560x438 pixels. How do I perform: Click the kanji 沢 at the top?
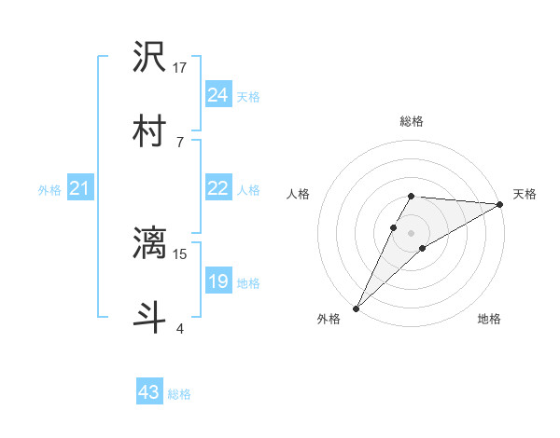click(x=150, y=58)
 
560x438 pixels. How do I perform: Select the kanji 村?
click(x=150, y=130)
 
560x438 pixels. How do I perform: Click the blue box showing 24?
click(x=217, y=95)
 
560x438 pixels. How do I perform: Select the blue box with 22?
click(x=217, y=188)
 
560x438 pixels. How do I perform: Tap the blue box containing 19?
click(x=217, y=281)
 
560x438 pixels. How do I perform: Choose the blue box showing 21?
click(x=79, y=189)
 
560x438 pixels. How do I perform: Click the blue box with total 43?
click(x=149, y=392)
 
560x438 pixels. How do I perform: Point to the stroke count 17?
click(x=180, y=67)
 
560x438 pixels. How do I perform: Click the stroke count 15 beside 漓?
click(x=180, y=253)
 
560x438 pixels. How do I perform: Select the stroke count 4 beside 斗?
click(x=179, y=328)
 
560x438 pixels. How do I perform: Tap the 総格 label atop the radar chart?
click(x=412, y=121)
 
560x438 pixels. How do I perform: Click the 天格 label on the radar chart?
click(x=525, y=194)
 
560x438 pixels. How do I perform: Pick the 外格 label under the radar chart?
click(x=329, y=319)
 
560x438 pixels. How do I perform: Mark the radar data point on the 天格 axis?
click(x=500, y=204)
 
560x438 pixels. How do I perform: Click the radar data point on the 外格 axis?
click(x=357, y=308)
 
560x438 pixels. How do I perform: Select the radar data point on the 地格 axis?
click(x=423, y=248)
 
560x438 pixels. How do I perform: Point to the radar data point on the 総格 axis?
click(x=412, y=196)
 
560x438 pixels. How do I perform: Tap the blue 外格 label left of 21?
click(x=49, y=190)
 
